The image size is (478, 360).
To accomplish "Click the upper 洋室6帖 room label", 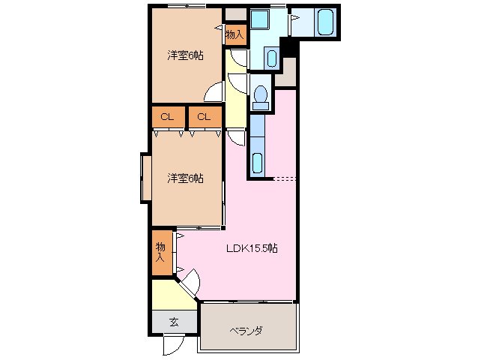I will click(185, 55).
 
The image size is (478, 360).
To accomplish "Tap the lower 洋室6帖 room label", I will click(185, 178).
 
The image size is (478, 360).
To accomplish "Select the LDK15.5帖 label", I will click(252, 248).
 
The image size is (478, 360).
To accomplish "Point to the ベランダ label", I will click(246, 331).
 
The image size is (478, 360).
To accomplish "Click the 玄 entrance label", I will click(173, 322).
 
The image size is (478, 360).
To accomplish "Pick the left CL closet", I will click(167, 117).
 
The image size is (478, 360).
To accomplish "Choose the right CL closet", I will click(205, 117).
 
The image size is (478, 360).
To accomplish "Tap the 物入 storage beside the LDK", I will click(162, 251).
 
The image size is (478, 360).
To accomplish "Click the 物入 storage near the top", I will click(235, 34).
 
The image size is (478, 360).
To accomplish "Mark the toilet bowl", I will click(261, 94).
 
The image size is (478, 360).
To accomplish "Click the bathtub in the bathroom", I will click(325, 22).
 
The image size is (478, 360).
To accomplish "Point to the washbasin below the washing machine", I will click(271, 56).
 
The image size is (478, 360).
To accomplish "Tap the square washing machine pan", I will click(262, 20).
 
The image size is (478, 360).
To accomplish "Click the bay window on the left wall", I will click(146, 178).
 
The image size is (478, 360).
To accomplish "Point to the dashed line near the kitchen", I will click(285, 178).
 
